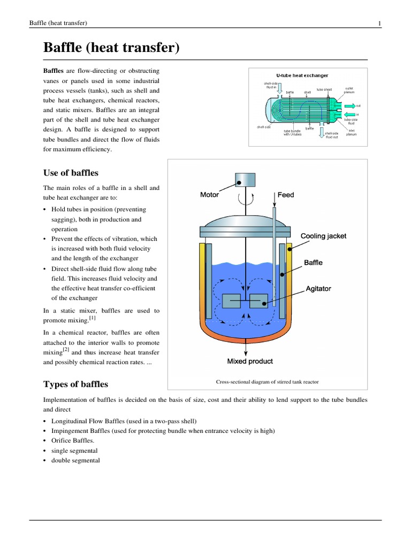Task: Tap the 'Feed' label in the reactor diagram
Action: click(286, 195)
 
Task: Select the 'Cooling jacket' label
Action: click(323, 236)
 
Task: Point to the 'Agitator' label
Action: click(318, 288)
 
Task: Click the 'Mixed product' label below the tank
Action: click(250, 361)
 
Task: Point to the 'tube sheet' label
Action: click(324, 89)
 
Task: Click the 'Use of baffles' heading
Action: click(70, 173)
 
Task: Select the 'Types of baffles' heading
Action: click(75, 384)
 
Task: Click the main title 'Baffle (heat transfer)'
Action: click(111, 49)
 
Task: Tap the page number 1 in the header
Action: click(379, 22)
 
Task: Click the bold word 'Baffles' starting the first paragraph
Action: click(53, 71)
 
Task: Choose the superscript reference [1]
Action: click(93, 318)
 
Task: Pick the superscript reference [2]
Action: click(66, 351)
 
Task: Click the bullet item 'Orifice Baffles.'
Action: click(72, 440)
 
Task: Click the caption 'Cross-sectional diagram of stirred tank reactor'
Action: click(268, 382)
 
